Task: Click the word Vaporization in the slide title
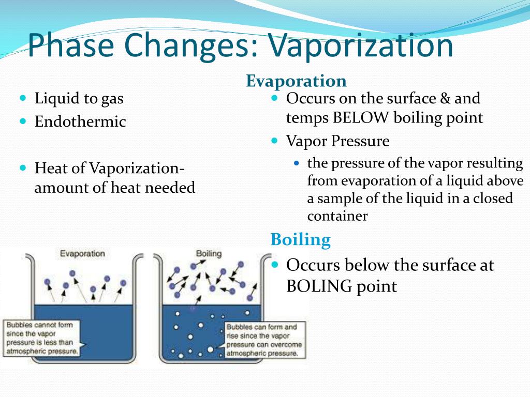[361, 45]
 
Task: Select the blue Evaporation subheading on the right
[296, 81]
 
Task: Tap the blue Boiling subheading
[300, 240]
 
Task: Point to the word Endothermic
[80, 122]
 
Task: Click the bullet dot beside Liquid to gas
[23, 97]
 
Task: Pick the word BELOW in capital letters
[361, 118]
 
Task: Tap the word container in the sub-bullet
[337, 216]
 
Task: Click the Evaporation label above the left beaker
[82, 254]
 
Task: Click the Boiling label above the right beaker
[209, 254]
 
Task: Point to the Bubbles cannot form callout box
[42, 338]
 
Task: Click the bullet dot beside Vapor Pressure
[275, 140]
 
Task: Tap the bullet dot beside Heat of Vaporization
[23, 168]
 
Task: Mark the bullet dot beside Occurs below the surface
[275, 264]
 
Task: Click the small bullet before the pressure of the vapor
[297, 163]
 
